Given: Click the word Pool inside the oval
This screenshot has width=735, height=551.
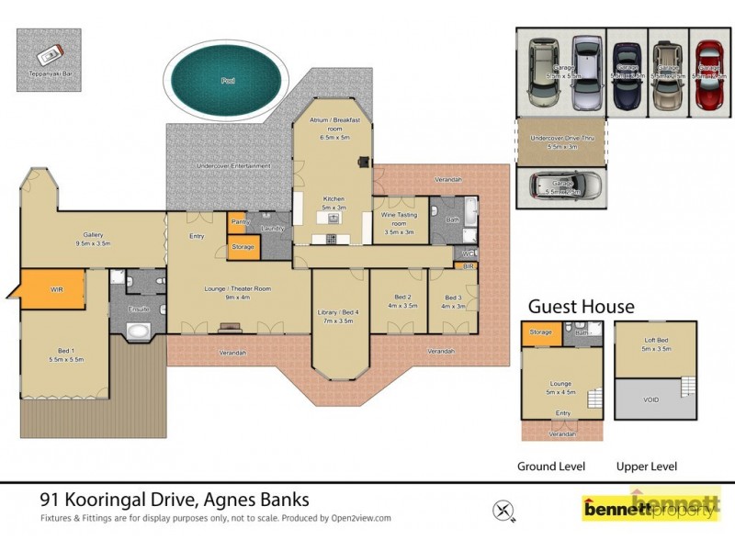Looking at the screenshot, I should pos(227,81).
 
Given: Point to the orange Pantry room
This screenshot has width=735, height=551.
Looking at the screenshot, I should pos(241,222).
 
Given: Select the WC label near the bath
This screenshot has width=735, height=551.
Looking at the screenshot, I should pos(468,253).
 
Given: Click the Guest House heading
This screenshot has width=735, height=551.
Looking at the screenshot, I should pos(581,307).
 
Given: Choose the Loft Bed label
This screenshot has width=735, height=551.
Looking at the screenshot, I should pos(655,344).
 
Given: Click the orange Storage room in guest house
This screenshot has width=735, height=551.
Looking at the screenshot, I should pos(541,332).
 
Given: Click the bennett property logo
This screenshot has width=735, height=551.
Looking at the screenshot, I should pos(650,507).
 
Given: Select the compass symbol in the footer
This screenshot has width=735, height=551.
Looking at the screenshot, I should pos(503,508).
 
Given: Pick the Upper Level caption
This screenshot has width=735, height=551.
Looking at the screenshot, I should pos(646,467).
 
